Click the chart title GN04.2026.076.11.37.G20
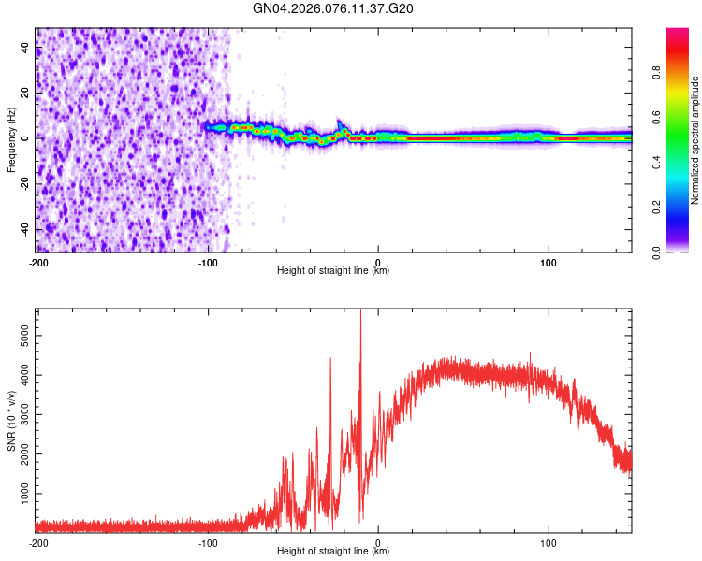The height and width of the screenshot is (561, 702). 333,9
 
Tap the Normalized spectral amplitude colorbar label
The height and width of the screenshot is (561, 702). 695,140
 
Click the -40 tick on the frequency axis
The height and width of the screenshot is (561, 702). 23,229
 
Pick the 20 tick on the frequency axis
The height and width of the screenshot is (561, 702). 25,93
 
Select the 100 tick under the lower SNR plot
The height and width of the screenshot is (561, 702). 548,542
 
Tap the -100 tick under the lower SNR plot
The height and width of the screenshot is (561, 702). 208,542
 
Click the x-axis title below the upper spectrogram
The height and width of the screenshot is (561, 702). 333,271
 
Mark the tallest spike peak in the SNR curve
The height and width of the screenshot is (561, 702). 360,312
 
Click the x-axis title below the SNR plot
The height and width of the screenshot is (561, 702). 333,552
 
